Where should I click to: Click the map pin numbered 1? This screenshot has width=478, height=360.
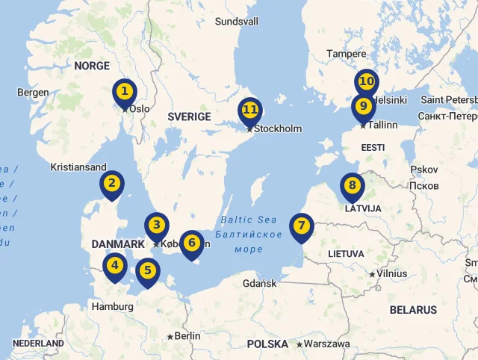125,93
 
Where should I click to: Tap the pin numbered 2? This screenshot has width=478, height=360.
112,183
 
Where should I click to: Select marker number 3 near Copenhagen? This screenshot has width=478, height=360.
156,225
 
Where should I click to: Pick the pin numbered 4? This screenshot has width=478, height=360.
114,264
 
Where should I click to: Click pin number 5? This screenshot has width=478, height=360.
148,270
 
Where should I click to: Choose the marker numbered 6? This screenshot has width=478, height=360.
191,243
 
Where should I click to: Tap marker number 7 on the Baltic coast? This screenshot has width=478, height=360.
301,226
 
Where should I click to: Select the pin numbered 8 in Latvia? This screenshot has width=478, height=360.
353,185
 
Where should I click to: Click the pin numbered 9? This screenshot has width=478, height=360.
363,106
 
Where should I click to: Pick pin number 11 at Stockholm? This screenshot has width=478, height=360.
250,111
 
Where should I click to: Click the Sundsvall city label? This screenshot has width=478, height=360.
236,22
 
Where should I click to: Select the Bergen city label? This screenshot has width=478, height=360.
33,93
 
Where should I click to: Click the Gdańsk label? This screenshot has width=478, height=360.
260,283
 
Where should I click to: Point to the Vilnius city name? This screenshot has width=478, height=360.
392,273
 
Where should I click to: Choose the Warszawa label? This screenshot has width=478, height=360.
327,344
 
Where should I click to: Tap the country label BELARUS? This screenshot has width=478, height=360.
413,309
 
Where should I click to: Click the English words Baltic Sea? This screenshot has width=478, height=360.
249,220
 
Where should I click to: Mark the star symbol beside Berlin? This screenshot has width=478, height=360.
170,337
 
